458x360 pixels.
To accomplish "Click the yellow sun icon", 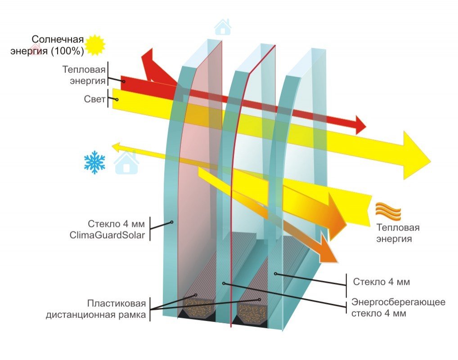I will (x=95, y=44).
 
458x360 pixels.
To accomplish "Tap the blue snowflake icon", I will (x=94, y=163).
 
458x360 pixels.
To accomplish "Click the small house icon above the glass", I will (x=222, y=27).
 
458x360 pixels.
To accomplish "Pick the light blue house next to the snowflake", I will (x=126, y=163).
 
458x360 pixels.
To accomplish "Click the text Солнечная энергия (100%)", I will (x=48, y=45).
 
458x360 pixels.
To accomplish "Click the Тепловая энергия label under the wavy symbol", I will (x=394, y=233).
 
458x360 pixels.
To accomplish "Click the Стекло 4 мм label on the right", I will (x=381, y=282).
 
